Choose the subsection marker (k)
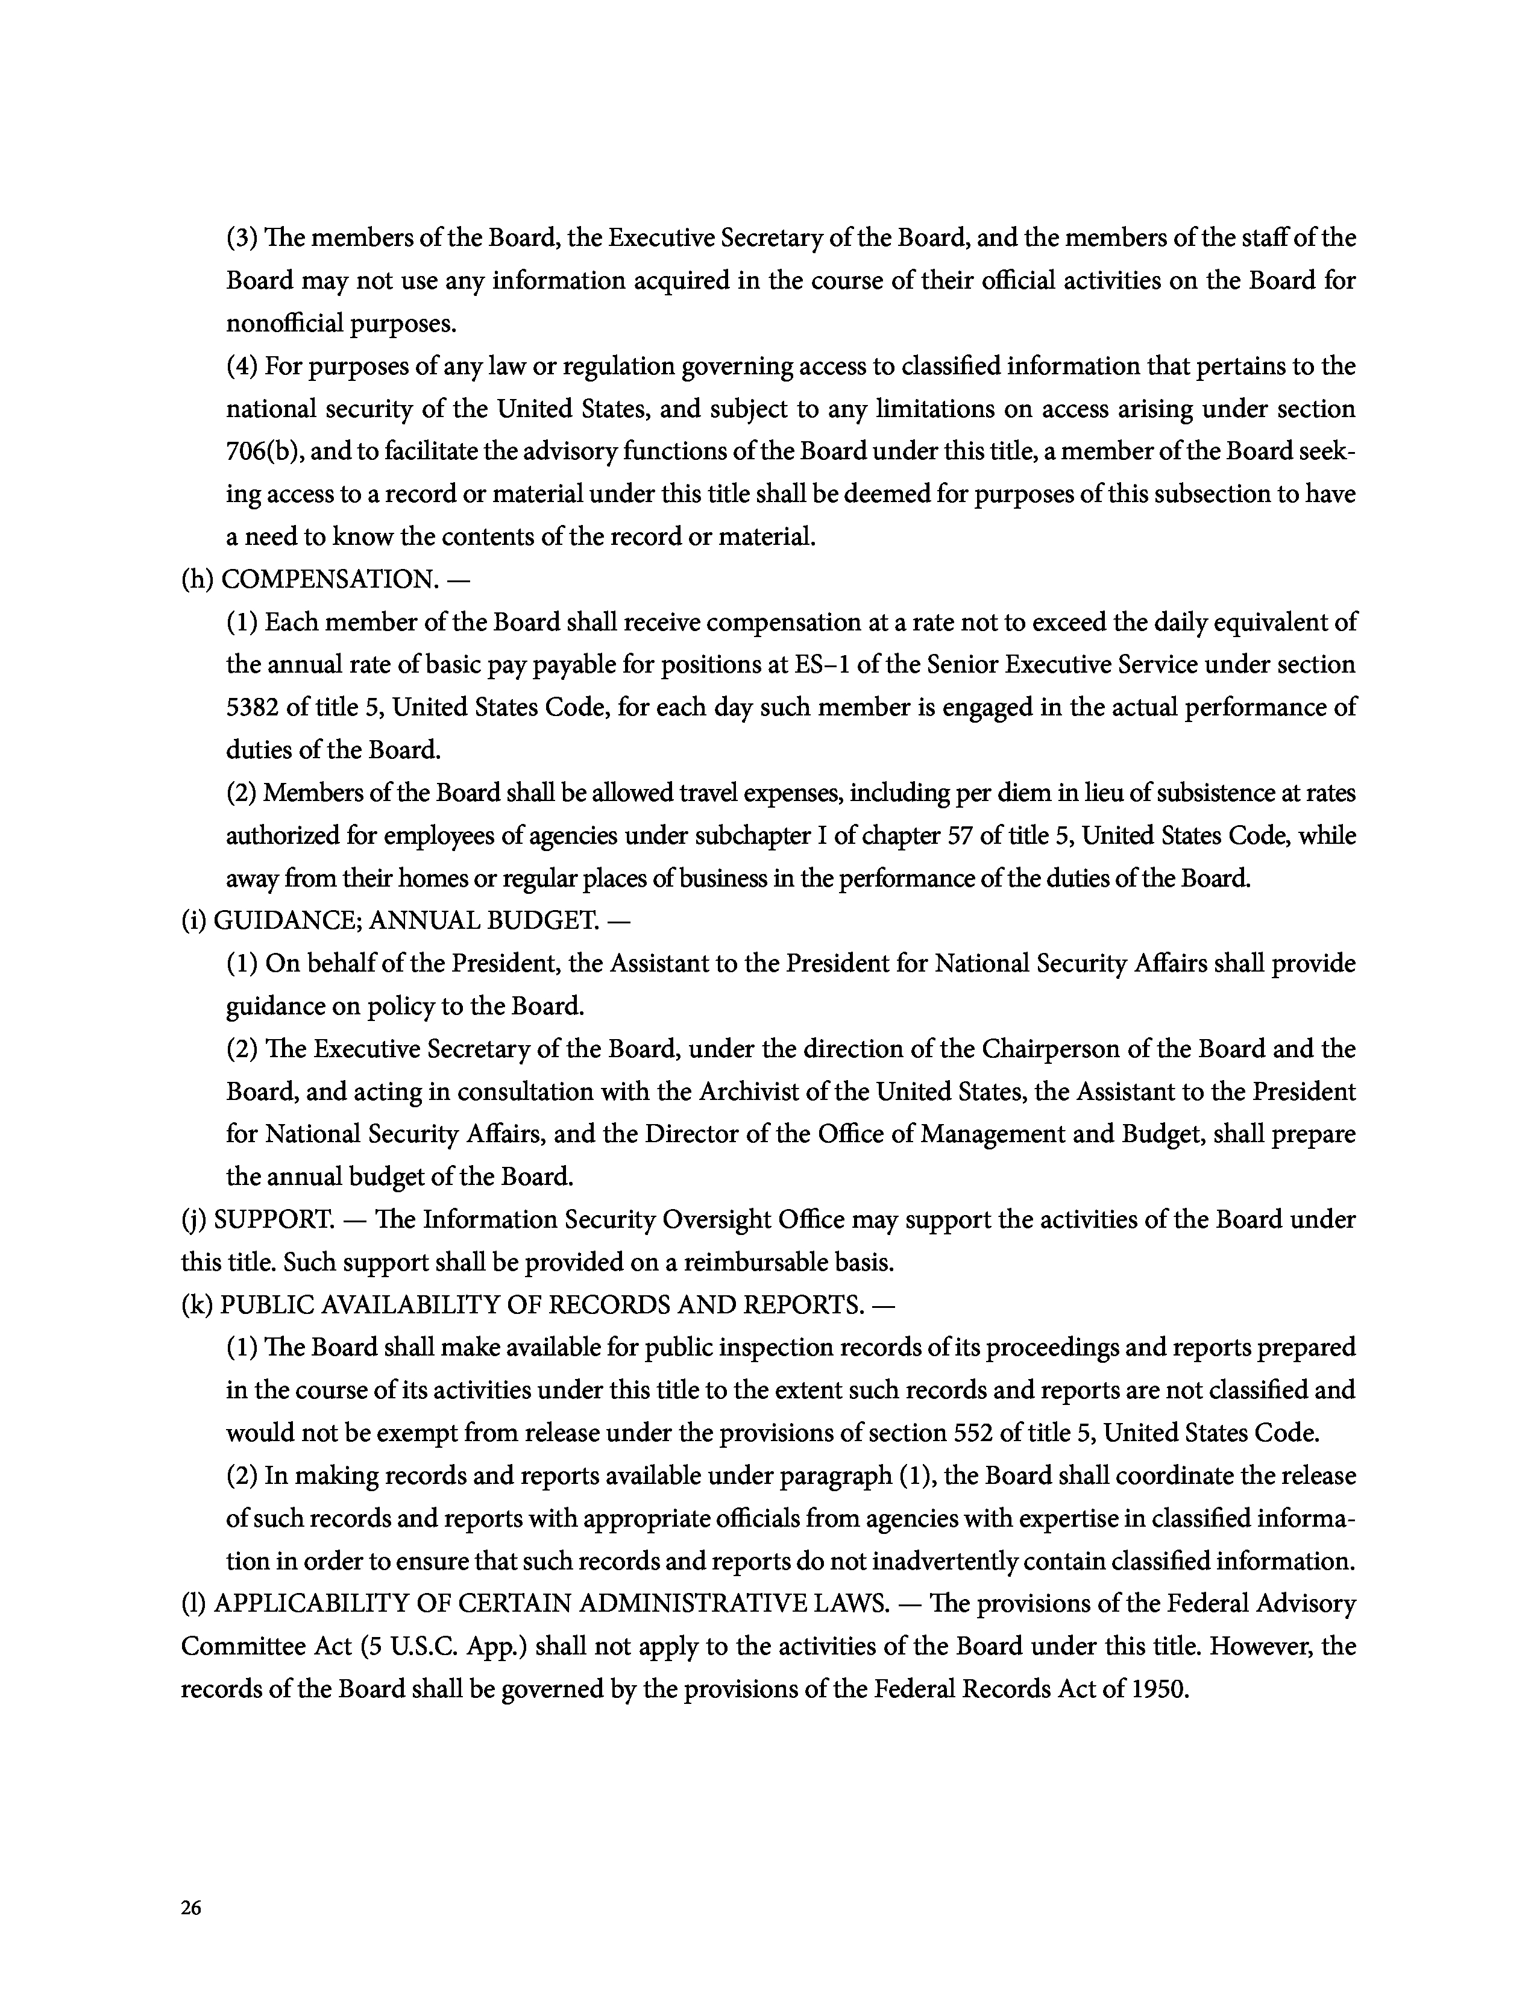[196, 1305]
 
